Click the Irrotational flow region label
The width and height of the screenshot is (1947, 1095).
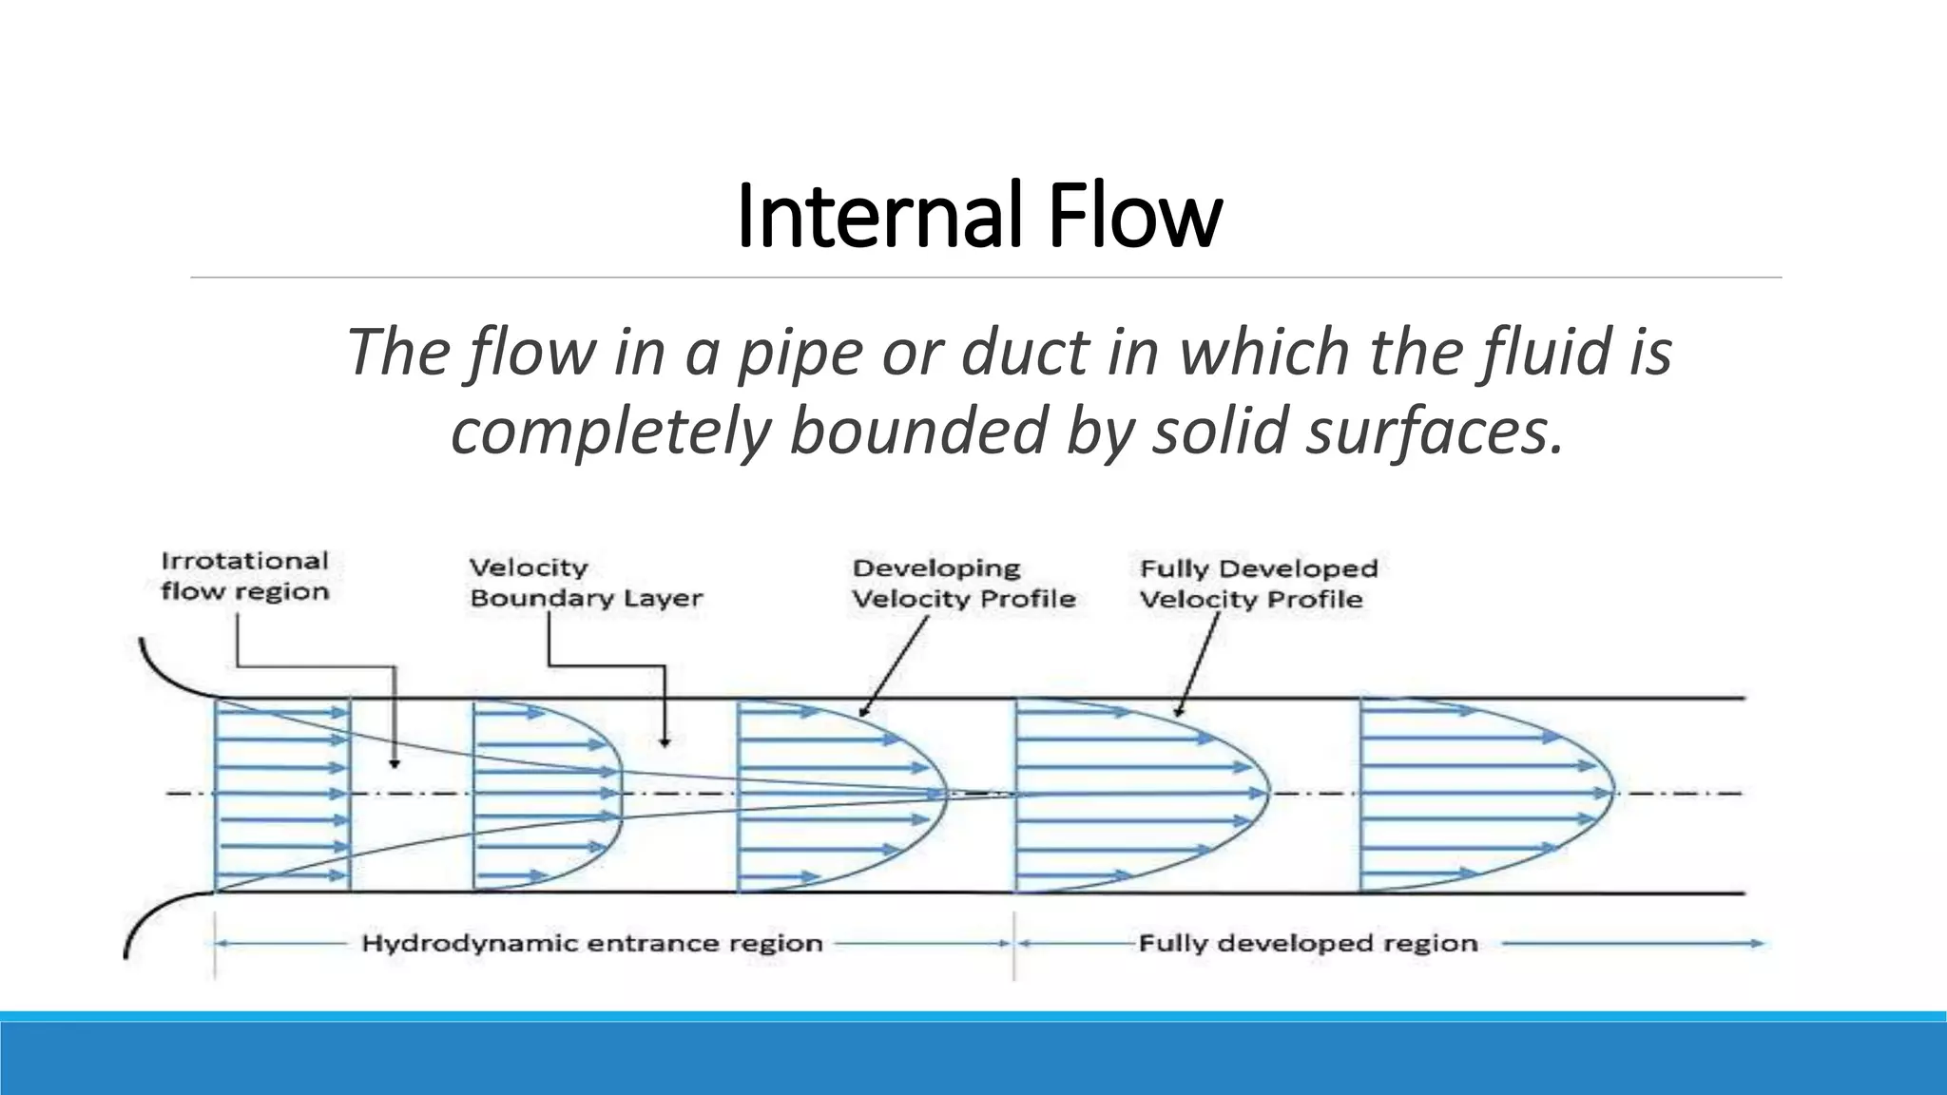tap(244, 576)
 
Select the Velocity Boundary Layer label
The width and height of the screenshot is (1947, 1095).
tap(586, 583)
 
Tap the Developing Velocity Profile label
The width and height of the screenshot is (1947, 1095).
tap(963, 584)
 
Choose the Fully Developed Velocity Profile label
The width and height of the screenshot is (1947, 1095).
tap(1258, 584)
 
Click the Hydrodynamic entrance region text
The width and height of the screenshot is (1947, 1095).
tap(591, 944)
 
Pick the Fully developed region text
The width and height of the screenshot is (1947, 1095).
tap(1307, 944)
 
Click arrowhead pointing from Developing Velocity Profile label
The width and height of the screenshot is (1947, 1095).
tap(862, 712)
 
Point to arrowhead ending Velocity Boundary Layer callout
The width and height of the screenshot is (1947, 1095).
tap(665, 741)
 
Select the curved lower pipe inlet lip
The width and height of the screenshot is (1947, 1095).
tap(152, 912)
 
